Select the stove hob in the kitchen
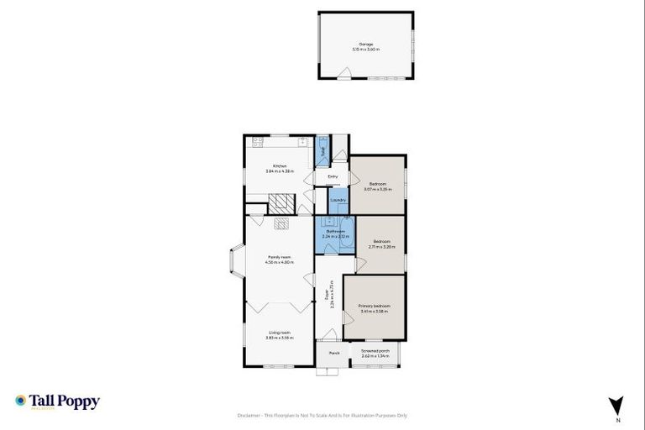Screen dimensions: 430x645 [258, 140]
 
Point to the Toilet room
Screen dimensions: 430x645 [322, 152]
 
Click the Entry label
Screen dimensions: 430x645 [333, 176]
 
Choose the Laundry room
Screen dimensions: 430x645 [338, 200]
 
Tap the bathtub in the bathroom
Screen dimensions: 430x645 [350, 236]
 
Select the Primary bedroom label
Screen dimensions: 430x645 [375, 306]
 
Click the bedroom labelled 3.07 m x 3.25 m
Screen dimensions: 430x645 [378, 186]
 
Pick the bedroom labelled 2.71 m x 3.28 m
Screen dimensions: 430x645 [382, 244]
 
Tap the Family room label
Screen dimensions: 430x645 [279, 257]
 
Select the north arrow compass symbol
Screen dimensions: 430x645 [617, 406]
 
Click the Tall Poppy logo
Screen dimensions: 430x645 [57, 401]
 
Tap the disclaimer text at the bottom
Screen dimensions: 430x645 [322, 416]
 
